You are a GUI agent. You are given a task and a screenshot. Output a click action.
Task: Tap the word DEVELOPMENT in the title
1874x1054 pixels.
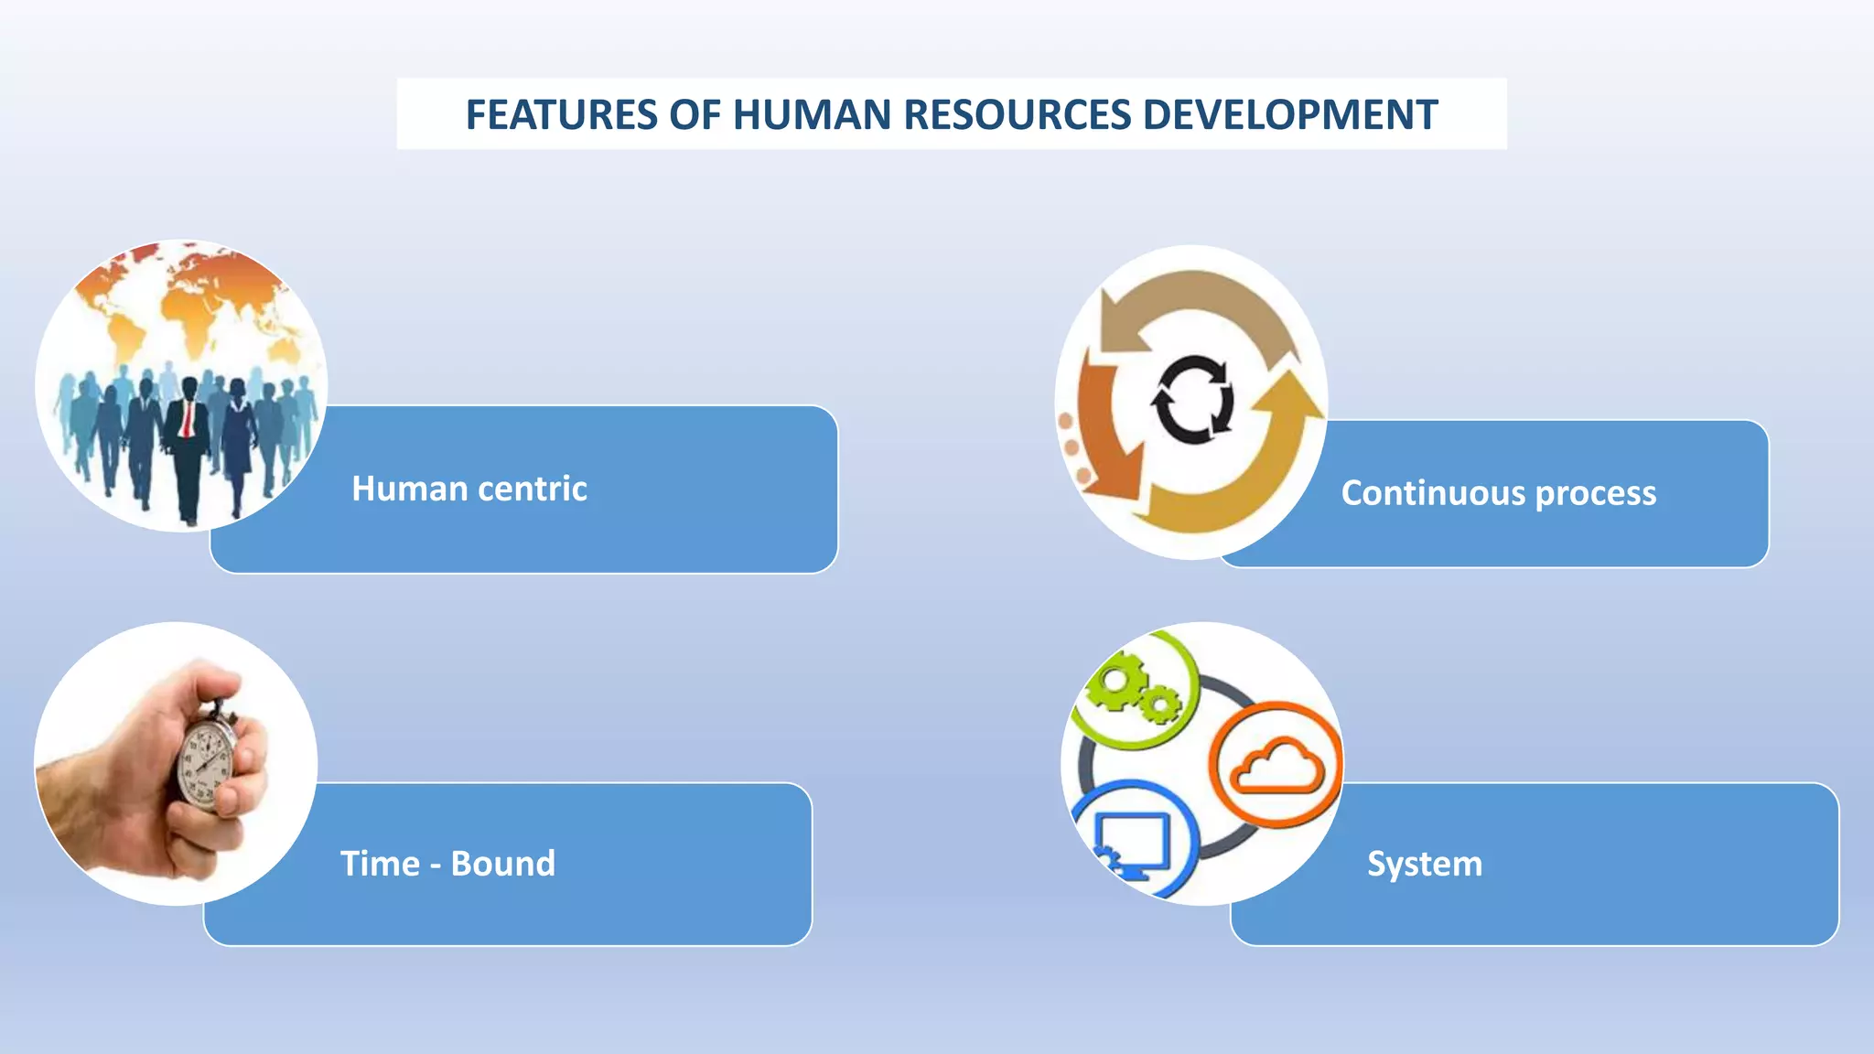1290,115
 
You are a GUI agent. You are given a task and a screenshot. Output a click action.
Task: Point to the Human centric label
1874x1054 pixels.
469,489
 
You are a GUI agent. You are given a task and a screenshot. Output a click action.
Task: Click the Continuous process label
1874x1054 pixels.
1498,493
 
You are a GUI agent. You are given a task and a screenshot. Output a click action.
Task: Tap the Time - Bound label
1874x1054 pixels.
447,864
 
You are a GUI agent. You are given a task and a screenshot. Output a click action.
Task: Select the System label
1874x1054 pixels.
1424,864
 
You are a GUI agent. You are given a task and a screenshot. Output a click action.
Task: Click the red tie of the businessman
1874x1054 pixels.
187,419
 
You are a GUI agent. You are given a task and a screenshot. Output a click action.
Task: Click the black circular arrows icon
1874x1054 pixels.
1191,400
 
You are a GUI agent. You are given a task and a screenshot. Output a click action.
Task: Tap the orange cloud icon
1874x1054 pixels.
1276,766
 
